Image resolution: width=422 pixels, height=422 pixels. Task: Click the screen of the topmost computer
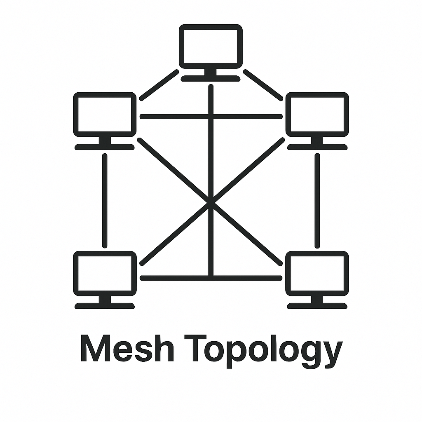point(211,46)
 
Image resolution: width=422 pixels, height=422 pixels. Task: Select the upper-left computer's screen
point(105,114)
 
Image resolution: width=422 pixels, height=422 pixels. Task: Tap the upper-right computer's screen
point(317,114)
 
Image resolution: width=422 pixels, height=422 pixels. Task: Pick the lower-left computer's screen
point(105,273)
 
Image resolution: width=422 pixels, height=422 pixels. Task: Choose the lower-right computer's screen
point(317,273)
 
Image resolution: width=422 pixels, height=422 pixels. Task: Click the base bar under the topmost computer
point(211,78)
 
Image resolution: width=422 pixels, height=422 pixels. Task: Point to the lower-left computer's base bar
point(105,306)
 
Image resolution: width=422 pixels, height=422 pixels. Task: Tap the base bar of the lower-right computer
point(317,306)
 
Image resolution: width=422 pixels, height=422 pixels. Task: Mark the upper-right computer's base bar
point(317,147)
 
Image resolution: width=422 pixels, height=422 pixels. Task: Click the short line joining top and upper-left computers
point(159,85)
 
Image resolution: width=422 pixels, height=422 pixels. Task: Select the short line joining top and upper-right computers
point(263,85)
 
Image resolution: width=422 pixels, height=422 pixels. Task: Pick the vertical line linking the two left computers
point(105,201)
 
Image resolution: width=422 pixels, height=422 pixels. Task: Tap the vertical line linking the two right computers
point(317,201)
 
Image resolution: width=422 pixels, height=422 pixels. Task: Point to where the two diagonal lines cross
point(211,202)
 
